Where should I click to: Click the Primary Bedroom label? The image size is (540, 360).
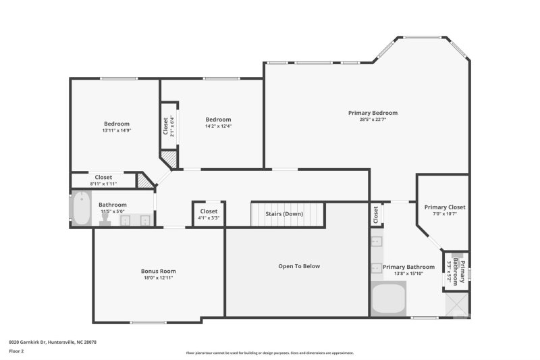(x=373, y=113)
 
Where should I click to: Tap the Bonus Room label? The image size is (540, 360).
(x=159, y=271)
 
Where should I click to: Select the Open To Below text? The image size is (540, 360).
(x=299, y=266)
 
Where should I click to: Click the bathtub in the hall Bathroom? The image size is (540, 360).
(x=81, y=209)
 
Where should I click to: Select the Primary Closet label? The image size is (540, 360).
(x=444, y=207)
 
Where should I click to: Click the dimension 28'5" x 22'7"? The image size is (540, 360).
(x=373, y=120)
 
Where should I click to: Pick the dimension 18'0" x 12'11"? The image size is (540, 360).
(x=159, y=278)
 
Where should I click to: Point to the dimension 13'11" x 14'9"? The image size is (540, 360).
(x=116, y=130)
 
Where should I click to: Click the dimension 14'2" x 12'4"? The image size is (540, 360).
(x=218, y=126)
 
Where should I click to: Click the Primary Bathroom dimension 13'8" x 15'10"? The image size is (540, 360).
(x=408, y=274)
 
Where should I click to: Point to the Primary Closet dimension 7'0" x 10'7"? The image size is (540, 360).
(x=444, y=214)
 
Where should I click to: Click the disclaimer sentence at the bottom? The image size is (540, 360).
(x=269, y=353)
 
